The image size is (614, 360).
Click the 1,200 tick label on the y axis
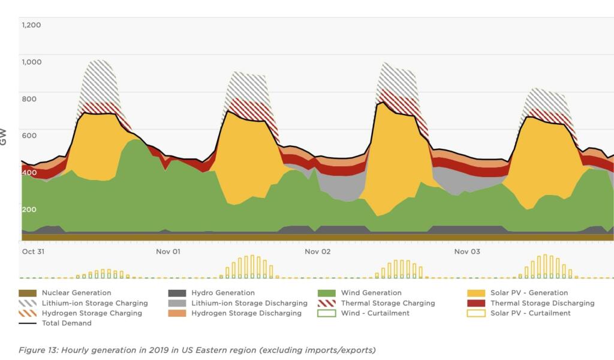click(x=31, y=25)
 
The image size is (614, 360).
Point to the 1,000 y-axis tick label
click(x=31, y=62)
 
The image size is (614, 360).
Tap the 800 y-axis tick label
click(x=29, y=99)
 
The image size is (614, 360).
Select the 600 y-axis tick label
click(x=29, y=136)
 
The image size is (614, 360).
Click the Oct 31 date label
click(x=33, y=251)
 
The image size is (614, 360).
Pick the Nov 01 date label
click(x=168, y=251)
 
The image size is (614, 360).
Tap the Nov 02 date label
click(x=317, y=251)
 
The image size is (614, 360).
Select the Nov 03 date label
click(x=467, y=251)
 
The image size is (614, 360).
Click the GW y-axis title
click(x=5, y=137)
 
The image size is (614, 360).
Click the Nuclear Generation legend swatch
click(x=28, y=293)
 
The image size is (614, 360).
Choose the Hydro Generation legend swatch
click(x=177, y=293)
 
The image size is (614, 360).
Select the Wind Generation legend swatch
click(x=326, y=293)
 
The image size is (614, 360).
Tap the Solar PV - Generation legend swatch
click(x=476, y=293)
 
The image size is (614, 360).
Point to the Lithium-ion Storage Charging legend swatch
click(x=28, y=303)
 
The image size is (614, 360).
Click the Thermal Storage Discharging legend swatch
click(x=476, y=303)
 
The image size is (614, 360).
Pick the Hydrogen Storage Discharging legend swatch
click(x=177, y=313)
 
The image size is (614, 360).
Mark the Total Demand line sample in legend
click(x=28, y=323)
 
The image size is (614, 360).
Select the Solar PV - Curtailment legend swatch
click(x=476, y=313)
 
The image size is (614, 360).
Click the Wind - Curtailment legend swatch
click(x=326, y=313)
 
